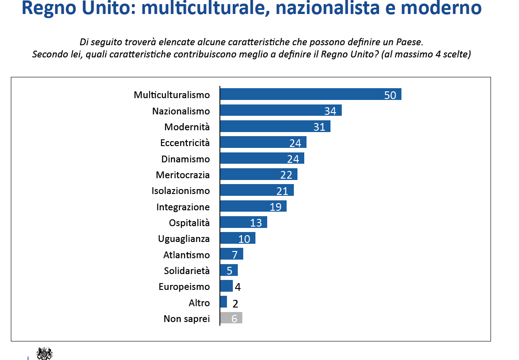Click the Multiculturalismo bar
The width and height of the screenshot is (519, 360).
pyautogui.click(x=311, y=94)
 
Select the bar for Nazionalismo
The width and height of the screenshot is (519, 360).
pyautogui.click(x=281, y=110)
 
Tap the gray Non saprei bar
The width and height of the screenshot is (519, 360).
pyautogui.click(x=231, y=318)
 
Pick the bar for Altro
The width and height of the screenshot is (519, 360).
pyautogui.click(x=223, y=302)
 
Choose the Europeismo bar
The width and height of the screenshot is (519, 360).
pyautogui.click(x=226, y=286)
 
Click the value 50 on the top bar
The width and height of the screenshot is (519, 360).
pyautogui.click(x=390, y=95)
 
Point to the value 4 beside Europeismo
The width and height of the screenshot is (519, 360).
pyautogui.click(x=238, y=287)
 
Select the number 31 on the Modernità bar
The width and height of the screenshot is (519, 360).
pyautogui.click(x=320, y=127)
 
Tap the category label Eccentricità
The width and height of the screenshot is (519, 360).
pyautogui.click(x=185, y=143)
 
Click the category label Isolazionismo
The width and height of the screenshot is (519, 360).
pyautogui.click(x=180, y=191)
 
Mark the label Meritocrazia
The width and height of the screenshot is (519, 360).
pyautogui.click(x=183, y=175)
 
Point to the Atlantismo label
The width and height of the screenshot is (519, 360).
pyautogui.click(x=186, y=255)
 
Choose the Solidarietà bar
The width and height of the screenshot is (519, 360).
pyautogui.click(x=229, y=270)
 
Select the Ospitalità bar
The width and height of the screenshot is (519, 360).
pyautogui.click(x=243, y=222)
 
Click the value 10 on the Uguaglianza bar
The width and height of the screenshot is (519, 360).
pyautogui.click(x=244, y=239)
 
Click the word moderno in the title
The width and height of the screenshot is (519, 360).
pyautogui.click(x=441, y=8)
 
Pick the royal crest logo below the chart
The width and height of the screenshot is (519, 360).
pyautogui.click(x=44, y=353)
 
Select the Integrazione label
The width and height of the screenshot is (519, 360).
pyautogui.click(x=183, y=207)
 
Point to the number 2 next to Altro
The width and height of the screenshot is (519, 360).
pyautogui.click(x=236, y=303)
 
